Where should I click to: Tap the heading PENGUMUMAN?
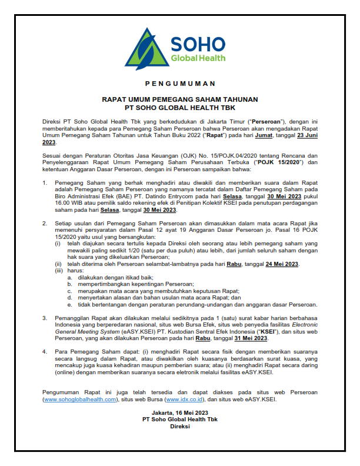coord(180,83)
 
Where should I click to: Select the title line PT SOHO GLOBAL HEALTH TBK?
coord(180,108)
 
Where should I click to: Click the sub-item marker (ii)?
coord(58,264)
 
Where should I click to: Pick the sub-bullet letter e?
coord(69,305)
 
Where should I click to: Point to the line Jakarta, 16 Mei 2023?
coord(180,412)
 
